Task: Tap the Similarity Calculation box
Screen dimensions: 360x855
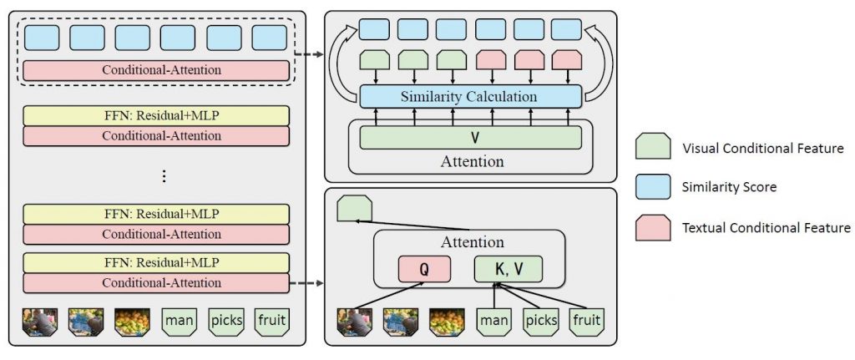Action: pos(470,96)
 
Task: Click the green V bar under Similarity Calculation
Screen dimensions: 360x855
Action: pos(470,137)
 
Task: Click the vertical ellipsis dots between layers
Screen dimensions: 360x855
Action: pos(164,176)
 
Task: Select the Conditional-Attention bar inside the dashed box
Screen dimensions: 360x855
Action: pos(156,70)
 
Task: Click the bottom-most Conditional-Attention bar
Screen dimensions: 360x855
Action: pos(156,283)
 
